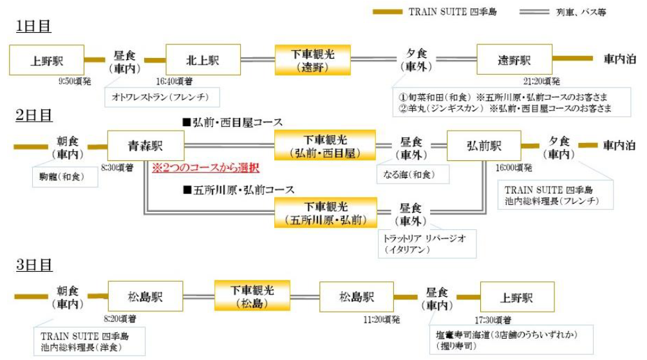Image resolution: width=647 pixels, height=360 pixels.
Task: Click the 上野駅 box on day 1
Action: (46, 60)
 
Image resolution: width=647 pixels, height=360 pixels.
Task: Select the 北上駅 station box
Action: (203, 60)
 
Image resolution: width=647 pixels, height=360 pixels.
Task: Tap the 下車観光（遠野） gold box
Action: (312, 60)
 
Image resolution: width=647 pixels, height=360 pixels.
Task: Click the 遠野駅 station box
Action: (514, 60)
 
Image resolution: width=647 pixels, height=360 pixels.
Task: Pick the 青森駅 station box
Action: (145, 146)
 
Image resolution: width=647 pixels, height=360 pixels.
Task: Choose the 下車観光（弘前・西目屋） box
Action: (324, 146)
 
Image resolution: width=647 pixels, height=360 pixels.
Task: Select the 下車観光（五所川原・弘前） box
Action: (324, 213)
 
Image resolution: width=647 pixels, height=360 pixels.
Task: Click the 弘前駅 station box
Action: (483, 146)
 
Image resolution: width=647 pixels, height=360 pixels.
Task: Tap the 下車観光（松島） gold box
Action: (252, 296)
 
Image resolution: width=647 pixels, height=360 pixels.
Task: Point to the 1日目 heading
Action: (33, 26)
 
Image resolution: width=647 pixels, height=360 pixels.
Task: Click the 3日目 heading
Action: (33, 264)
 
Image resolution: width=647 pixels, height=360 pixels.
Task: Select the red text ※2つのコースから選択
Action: (205, 168)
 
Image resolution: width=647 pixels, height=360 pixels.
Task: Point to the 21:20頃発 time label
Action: (542, 82)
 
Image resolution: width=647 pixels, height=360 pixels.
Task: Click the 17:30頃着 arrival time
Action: (494, 319)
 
